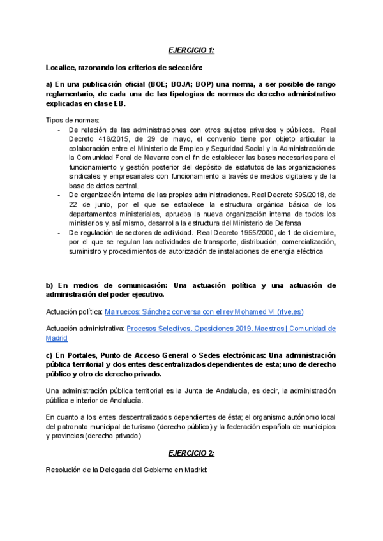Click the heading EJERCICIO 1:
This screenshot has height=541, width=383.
click(x=191, y=49)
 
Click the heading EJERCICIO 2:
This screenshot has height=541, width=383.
click(x=191, y=453)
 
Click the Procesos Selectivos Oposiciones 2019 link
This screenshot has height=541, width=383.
click(x=231, y=329)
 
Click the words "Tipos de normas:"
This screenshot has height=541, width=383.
click(x=73, y=121)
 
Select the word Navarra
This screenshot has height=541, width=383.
click(x=153, y=158)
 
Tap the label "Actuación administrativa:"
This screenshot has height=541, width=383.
click(x=85, y=329)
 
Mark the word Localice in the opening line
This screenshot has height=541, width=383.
click(x=61, y=67)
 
